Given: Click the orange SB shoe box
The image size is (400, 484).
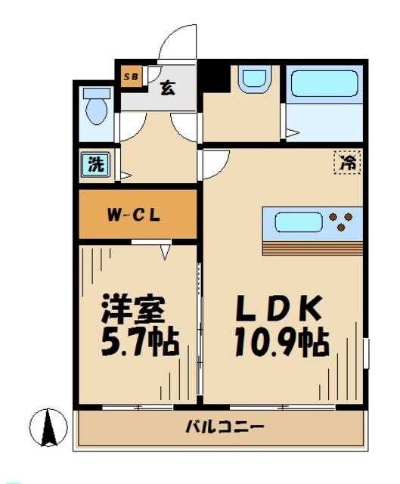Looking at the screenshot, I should (130, 76).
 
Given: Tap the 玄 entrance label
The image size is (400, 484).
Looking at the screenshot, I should (167, 87).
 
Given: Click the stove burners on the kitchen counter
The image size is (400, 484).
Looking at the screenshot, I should (342, 222).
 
